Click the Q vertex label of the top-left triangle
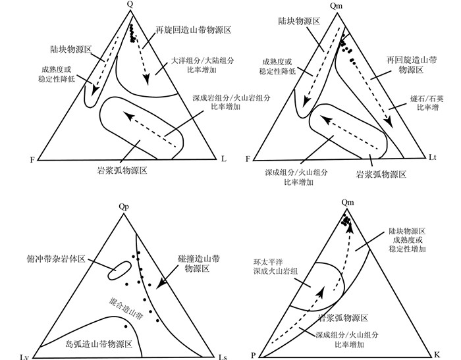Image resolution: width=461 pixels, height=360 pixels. [130, 5]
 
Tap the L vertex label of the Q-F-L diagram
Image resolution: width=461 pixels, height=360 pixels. [224, 159]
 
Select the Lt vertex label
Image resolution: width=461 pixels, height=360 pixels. [433, 158]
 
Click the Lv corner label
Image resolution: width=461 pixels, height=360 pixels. [24, 356]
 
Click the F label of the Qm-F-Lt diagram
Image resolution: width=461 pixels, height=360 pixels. [248, 159]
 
